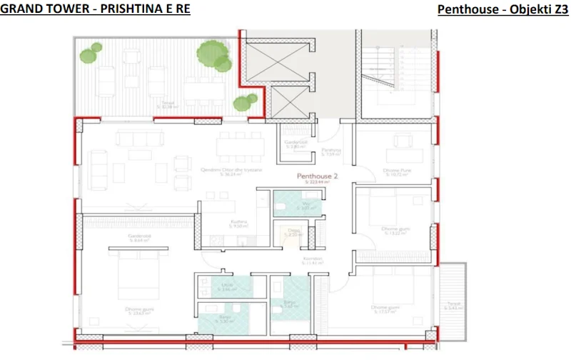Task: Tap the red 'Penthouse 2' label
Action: (316, 176)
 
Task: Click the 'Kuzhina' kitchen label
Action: (238, 222)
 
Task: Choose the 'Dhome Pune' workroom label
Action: (395, 170)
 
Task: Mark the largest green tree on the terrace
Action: (208, 52)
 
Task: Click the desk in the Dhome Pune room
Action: (395, 154)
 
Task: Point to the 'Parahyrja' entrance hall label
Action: (331, 151)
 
